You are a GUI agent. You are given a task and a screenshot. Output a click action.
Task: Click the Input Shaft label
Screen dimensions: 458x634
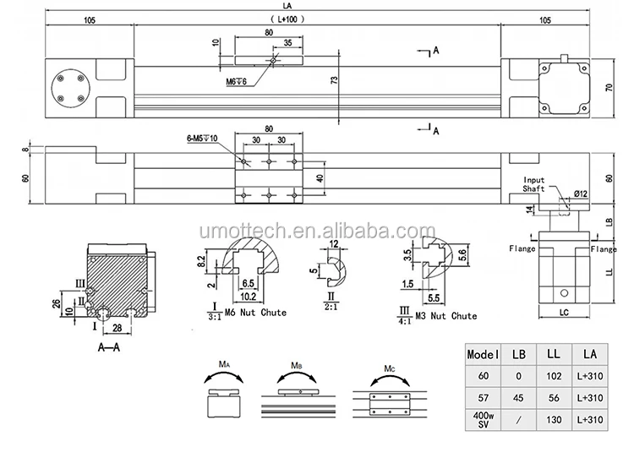coord(534,185)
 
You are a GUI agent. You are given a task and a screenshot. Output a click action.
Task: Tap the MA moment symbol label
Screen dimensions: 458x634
coord(225,365)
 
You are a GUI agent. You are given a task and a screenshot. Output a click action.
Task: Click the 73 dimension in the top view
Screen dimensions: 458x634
coord(335,80)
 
